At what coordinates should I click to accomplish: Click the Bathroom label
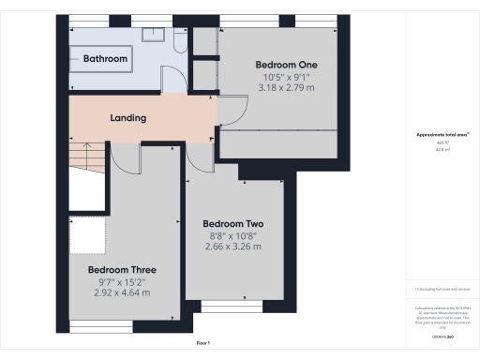(x=105, y=58)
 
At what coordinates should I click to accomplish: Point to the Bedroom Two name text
(x=232, y=225)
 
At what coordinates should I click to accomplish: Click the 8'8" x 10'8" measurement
(x=232, y=237)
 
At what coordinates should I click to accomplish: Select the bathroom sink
(x=153, y=35)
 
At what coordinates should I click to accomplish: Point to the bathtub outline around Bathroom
(x=105, y=59)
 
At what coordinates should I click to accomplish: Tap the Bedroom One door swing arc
(x=232, y=112)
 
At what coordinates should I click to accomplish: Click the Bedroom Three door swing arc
(x=122, y=161)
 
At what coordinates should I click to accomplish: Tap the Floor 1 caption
(x=202, y=344)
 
